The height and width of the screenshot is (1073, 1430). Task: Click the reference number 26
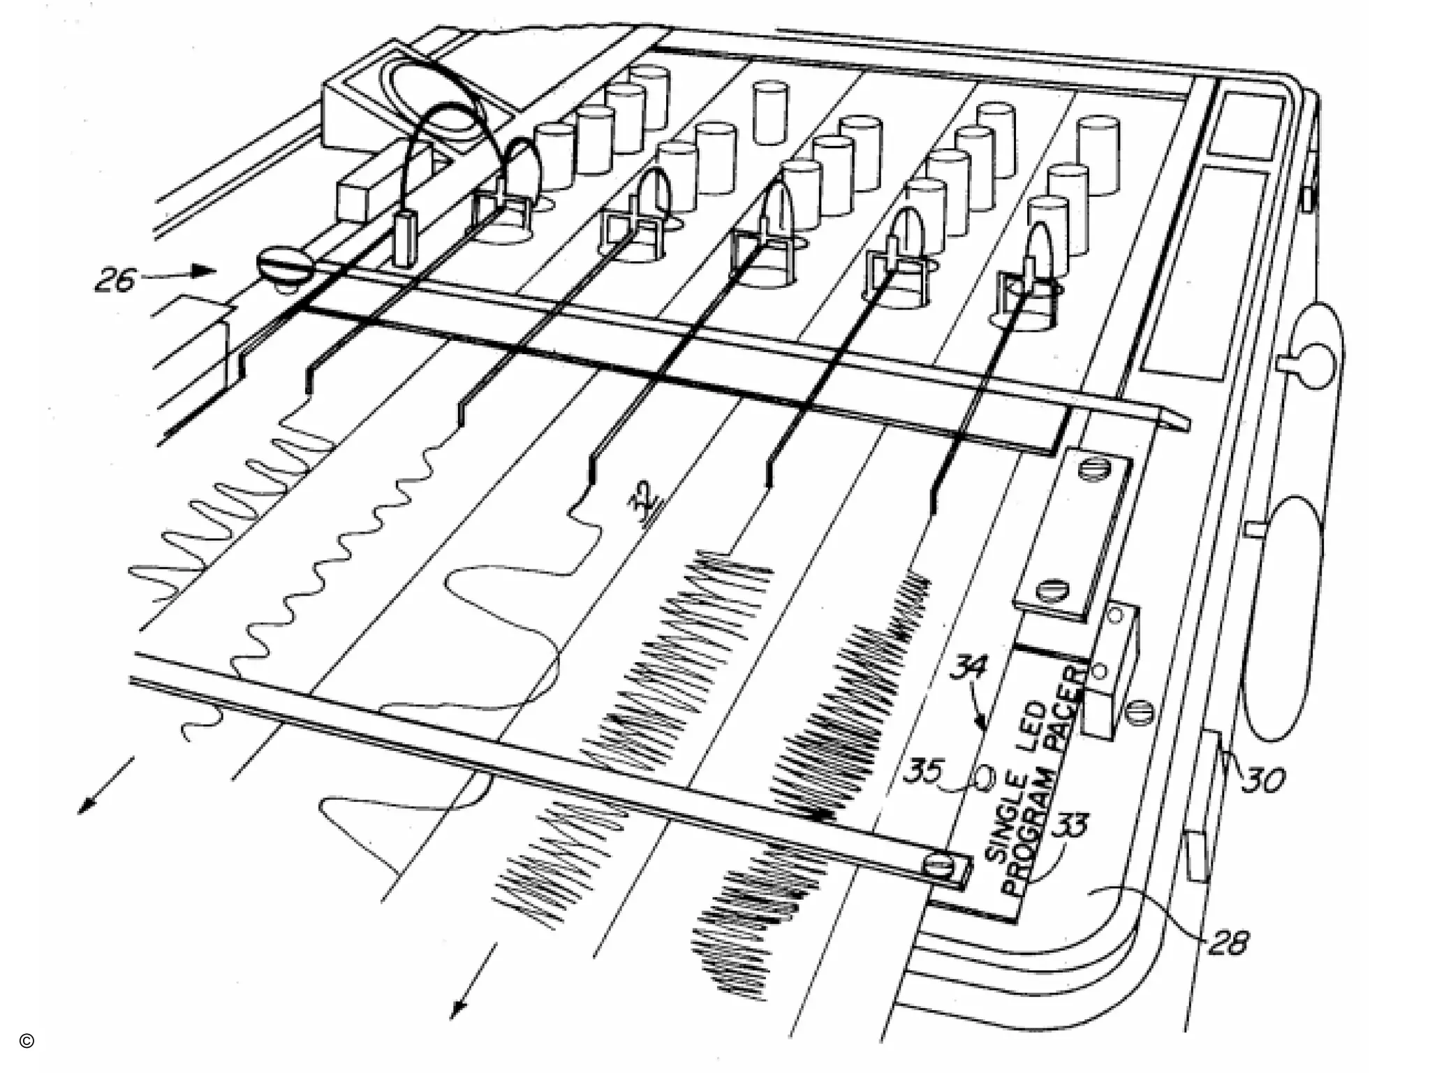coord(116,280)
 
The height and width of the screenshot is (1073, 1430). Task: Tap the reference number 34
coord(968,667)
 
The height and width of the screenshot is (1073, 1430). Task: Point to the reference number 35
coord(923,772)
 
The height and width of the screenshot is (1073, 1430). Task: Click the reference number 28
coord(1228,944)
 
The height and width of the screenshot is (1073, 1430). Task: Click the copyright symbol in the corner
coord(27,1041)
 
